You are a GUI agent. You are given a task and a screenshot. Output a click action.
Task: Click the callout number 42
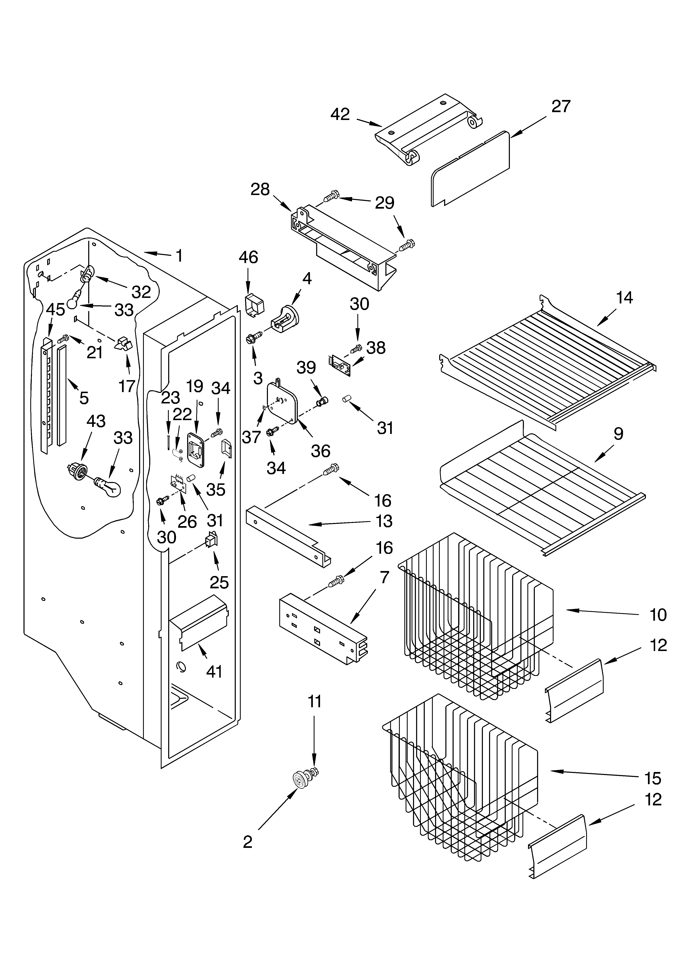340,114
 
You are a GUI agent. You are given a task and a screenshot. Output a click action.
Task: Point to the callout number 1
179,255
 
